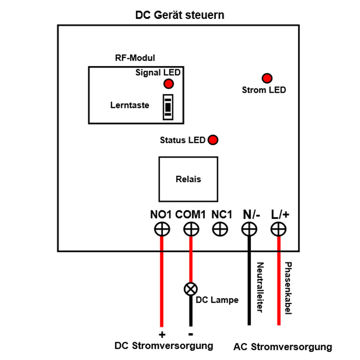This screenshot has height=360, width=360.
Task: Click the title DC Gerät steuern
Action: click(x=180, y=15)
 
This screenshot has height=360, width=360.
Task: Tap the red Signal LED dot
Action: click(x=168, y=84)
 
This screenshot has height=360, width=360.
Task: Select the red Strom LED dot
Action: click(x=267, y=78)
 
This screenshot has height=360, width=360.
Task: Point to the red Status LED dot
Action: click(x=213, y=140)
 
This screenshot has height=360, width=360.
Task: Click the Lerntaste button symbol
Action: click(x=167, y=107)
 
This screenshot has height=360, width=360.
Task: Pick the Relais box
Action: click(x=188, y=179)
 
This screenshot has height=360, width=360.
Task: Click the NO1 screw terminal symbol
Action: click(x=162, y=229)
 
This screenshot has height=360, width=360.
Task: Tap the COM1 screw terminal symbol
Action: click(x=191, y=229)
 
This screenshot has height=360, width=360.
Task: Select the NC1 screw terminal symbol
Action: click(x=220, y=229)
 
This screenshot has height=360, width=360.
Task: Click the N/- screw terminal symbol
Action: click(x=249, y=229)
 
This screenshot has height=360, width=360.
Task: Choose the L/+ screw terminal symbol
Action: click(x=278, y=229)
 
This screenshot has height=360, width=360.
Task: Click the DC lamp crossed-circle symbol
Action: click(x=191, y=289)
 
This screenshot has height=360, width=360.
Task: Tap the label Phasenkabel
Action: click(x=288, y=288)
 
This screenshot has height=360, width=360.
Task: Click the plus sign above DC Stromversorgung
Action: click(x=162, y=335)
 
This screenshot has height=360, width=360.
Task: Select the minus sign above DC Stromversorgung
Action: click(x=191, y=334)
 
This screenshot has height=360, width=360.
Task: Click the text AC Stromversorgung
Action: click(x=283, y=347)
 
